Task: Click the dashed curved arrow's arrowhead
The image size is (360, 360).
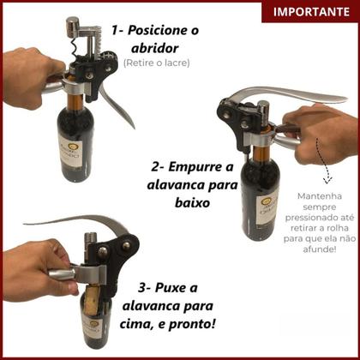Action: (326, 179)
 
